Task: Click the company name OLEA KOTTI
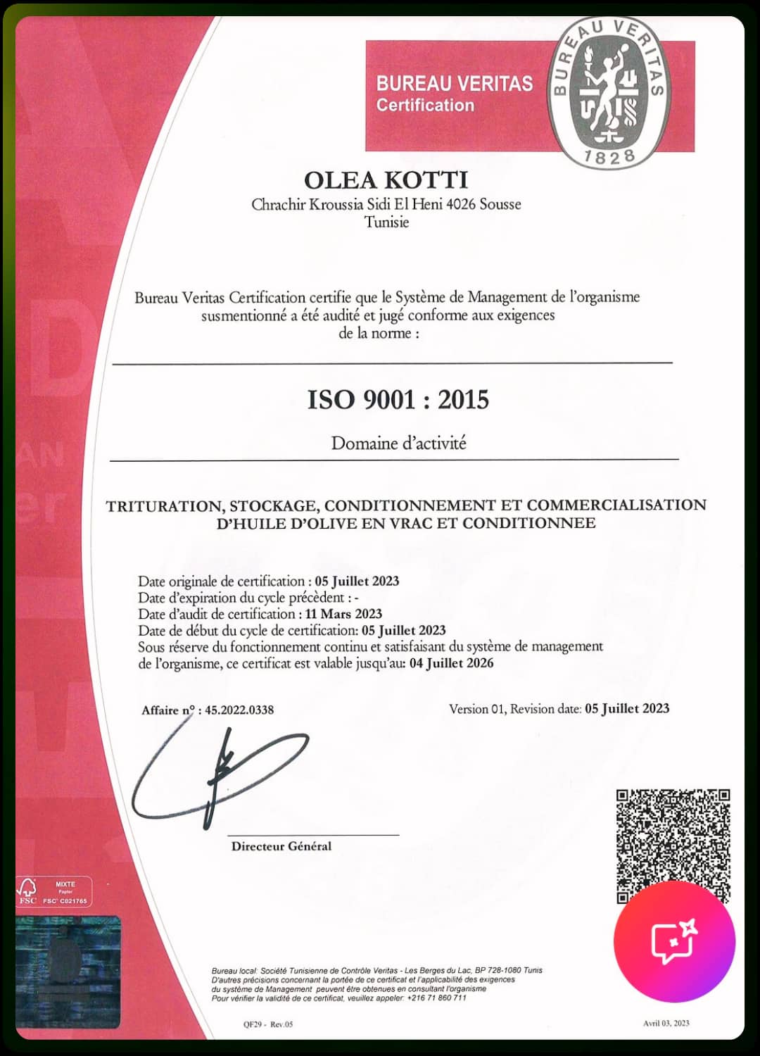pyautogui.click(x=386, y=180)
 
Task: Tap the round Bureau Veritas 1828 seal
pyautogui.click(x=609, y=92)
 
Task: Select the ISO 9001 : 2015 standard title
pyautogui.click(x=398, y=400)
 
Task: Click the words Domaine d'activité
pyautogui.click(x=398, y=444)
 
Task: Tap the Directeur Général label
pyautogui.click(x=281, y=846)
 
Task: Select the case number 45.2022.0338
pyautogui.click(x=239, y=710)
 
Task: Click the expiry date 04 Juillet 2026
pyautogui.click(x=451, y=663)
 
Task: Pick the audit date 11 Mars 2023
pyautogui.click(x=343, y=614)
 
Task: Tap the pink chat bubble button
pyautogui.click(x=673, y=941)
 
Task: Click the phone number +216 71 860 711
pyautogui.click(x=436, y=998)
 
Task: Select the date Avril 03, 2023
pyautogui.click(x=666, y=1023)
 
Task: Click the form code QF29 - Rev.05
pyautogui.click(x=267, y=1024)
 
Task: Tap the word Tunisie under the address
pyautogui.click(x=386, y=222)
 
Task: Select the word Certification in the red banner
pyautogui.click(x=425, y=106)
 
